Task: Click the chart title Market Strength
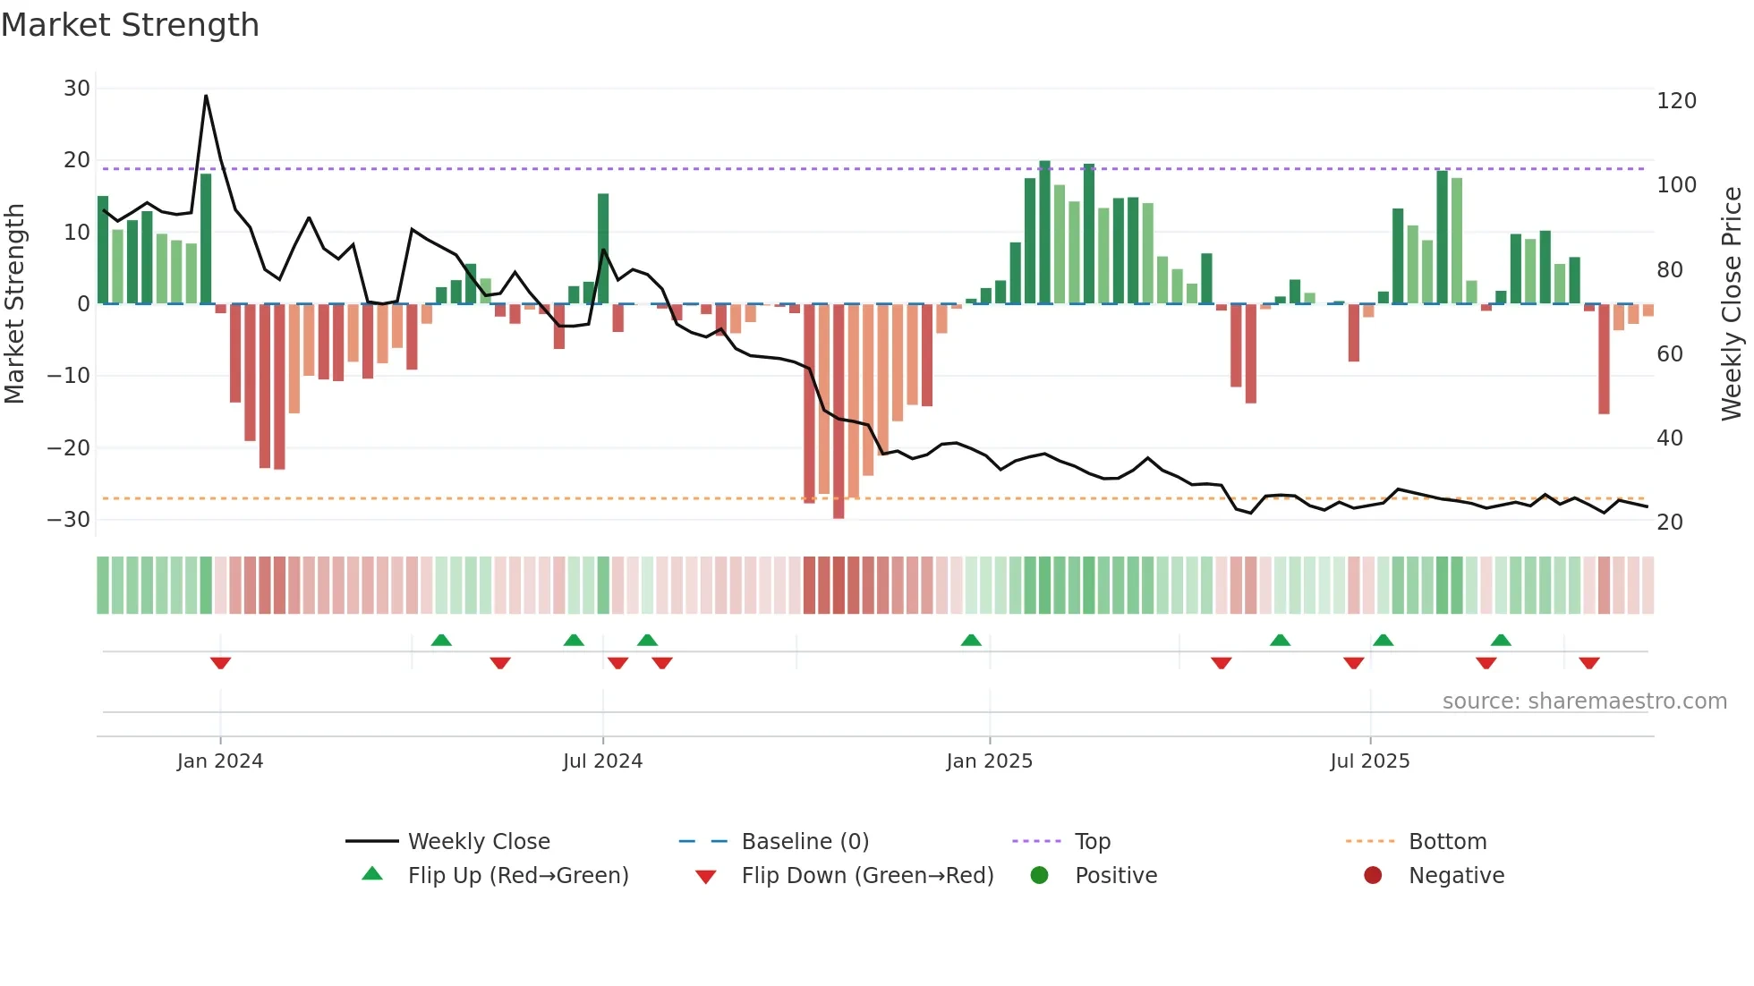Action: point(130,25)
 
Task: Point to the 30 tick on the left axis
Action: point(77,89)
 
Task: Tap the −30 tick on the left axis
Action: point(69,520)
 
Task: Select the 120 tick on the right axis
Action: point(1676,101)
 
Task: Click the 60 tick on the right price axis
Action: point(1669,354)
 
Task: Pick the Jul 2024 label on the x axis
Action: point(602,761)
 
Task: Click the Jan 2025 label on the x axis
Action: point(989,761)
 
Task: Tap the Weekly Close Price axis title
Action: point(1732,304)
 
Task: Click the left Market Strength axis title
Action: point(14,304)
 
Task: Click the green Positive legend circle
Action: point(1039,876)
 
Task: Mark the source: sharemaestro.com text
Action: point(1584,701)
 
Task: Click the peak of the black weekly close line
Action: point(206,96)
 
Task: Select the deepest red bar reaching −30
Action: point(839,412)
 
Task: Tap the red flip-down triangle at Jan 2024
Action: point(220,663)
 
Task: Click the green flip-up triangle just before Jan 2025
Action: point(971,640)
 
